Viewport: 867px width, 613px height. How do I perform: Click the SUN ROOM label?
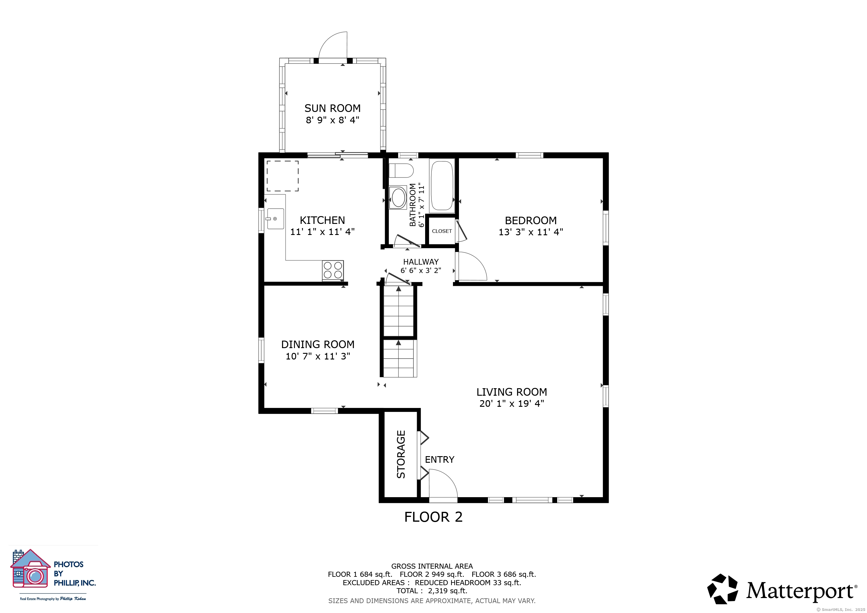coord(332,108)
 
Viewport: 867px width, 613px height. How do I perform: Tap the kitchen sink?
coord(275,219)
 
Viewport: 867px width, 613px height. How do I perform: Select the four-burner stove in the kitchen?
coord(333,270)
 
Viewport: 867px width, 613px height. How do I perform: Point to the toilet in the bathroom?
coord(401,171)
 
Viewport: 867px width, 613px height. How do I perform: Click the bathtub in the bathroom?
coord(442,185)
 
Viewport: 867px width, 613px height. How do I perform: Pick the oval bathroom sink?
coord(398,197)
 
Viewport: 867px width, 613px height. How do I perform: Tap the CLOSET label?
coord(442,231)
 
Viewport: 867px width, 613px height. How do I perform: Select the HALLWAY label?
coord(421,262)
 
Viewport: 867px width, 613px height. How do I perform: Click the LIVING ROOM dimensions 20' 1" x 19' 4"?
coord(512,403)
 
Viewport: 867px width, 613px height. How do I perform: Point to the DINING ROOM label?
coord(318,344)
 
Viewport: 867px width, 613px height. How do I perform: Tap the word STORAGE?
coord(401,454)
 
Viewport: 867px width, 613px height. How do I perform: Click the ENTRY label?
coord(439,459)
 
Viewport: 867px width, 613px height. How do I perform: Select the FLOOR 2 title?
coord(433,517)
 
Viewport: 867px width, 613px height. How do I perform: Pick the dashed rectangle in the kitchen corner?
coord(283,176)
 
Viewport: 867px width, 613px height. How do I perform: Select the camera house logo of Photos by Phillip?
coord(30,568)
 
